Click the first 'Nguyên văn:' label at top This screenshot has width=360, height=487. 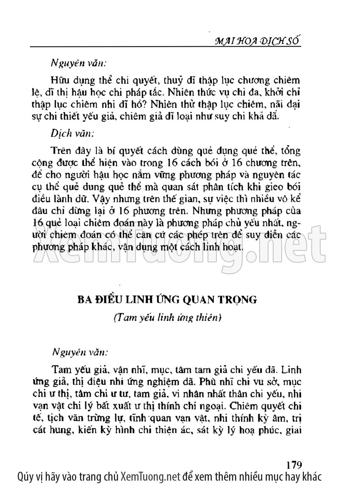click(78, 64)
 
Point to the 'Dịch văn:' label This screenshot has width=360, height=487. click(73, 132)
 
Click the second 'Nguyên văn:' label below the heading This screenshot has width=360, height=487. click(80, 352)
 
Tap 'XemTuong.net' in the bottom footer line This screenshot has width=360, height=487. click(150, 477)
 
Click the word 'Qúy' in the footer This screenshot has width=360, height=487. click(26, 477)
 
